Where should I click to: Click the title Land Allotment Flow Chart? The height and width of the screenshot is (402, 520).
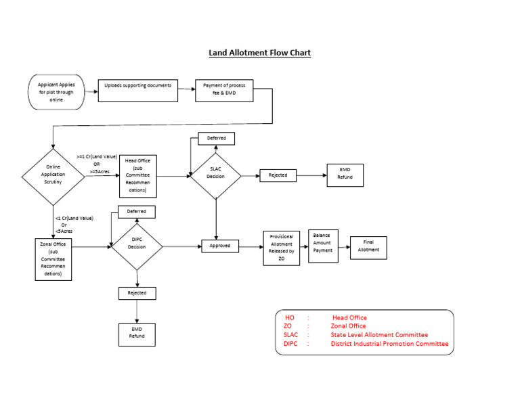259,53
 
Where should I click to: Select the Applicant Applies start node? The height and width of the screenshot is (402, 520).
56,92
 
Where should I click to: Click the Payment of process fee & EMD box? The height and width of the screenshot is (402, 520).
224,91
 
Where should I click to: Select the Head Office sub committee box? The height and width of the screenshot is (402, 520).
138,176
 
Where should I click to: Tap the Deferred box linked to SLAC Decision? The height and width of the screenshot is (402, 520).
216,139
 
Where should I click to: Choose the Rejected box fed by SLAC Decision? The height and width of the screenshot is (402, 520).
278,175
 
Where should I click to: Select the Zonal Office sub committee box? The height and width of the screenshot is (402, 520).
53,259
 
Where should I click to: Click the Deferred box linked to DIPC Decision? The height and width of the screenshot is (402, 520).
137,212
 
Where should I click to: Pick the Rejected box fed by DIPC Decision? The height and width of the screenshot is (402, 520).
137,293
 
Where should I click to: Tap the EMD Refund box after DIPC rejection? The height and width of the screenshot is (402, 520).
137,332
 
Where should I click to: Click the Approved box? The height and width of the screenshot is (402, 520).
220,246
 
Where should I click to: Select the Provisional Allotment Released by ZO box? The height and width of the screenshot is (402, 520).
281,248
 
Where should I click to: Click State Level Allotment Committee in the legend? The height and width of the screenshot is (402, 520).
379,335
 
